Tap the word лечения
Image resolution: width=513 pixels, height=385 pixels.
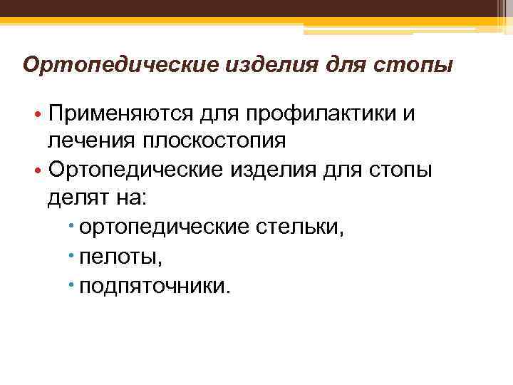(90, 140)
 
